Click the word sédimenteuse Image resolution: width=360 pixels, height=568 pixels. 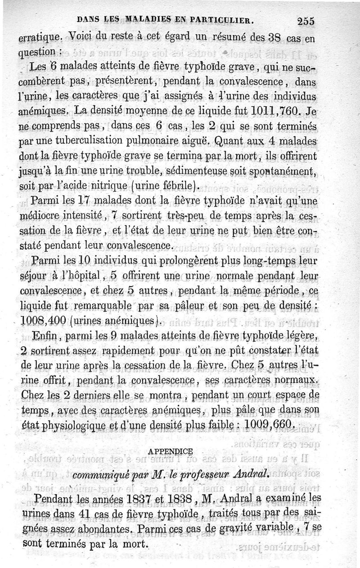click(x=195, y=171)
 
